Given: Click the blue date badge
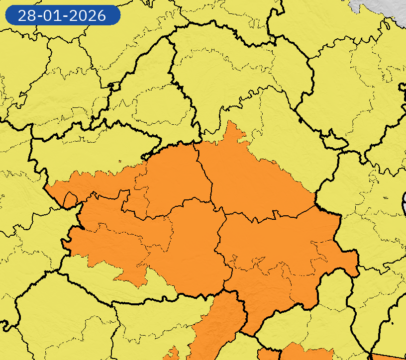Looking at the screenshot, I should tap(63, 15).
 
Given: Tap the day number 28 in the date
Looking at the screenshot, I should tap(25, 15).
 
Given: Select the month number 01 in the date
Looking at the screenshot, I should tap(52, 15).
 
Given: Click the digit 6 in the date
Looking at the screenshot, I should tap(101, 15).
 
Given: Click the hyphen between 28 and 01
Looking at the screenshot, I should tap(39, 16).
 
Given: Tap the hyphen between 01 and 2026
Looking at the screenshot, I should tap(65, 16).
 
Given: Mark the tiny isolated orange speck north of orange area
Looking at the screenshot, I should tap(120, 161).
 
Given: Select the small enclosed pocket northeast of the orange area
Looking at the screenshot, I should tap(334, 143).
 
